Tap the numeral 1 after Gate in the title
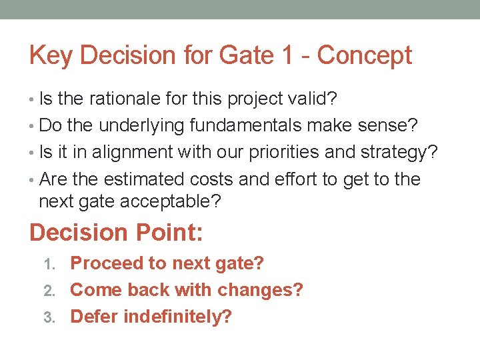click(287, 56)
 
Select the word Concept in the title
click(365, 56)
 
